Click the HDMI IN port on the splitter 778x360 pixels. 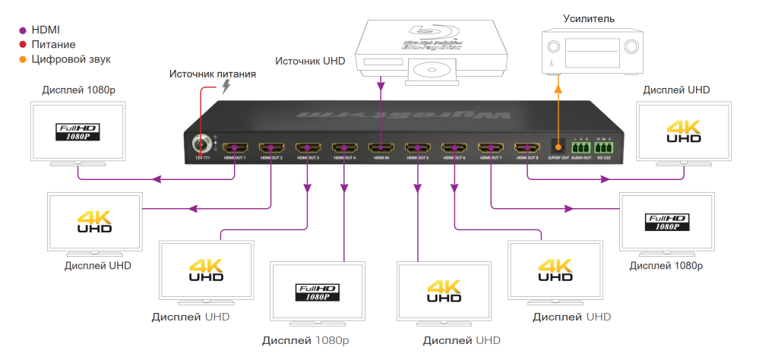[381, 147]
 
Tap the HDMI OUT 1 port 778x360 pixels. [235, 147]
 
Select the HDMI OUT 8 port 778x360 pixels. [527, 147]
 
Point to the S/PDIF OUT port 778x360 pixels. [558, 146]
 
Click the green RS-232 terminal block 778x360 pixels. [604, 147]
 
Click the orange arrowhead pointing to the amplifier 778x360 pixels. [558, 87]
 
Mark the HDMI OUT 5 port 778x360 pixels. [417, 147]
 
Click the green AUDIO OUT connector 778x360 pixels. [580, 147]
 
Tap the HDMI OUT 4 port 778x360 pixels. [344, 147]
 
